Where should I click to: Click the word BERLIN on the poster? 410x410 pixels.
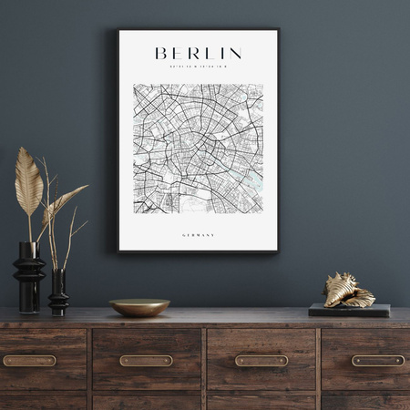tap(198, 54)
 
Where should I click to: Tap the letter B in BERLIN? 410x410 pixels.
tap(161, 54)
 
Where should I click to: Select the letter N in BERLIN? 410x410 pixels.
tap(235, 54)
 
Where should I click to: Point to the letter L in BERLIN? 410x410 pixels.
tap(210, 54)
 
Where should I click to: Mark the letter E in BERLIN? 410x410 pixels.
tap(177, 54)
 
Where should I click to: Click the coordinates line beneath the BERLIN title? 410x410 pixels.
tap(198, 67)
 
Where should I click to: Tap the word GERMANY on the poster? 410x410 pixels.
tap(198, 236)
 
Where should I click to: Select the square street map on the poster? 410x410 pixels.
tap(198, 149)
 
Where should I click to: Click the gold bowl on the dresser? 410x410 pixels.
tap(139, 307)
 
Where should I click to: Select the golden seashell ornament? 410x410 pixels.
tap(347, 291)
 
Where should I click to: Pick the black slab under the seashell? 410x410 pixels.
tap(349, 310)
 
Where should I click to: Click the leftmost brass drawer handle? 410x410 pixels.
tap(29, 361)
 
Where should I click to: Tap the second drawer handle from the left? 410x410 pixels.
tap(146, 361)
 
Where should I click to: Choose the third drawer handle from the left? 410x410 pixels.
tap(261, 361)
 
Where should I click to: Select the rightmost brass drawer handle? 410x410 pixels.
tap(377, 361)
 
